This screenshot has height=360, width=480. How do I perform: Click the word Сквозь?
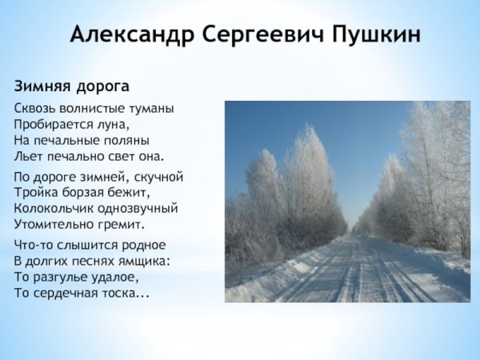[34, 108]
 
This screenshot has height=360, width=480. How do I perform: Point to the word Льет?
[27, 155]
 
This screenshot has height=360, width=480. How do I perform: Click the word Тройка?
[34, 193]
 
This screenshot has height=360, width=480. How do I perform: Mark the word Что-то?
[32, 245]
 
